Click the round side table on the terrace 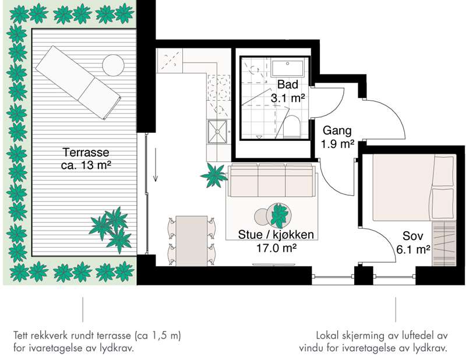(113, 65)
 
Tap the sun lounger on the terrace (78, 83)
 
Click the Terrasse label (86, 153)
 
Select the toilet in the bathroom (292, 127)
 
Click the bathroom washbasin (287, 68)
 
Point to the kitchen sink (217, 132)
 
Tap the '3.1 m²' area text (288, 98)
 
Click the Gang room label (337, 130)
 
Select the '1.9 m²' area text (337, 144)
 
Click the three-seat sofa (271, 180)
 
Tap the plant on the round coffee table (279, 215)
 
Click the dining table (192, 241)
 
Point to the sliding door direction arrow (156, 164)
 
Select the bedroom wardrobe (444, 243)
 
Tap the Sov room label (413, 236)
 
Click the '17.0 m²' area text (276, 248)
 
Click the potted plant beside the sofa (214, 175)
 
